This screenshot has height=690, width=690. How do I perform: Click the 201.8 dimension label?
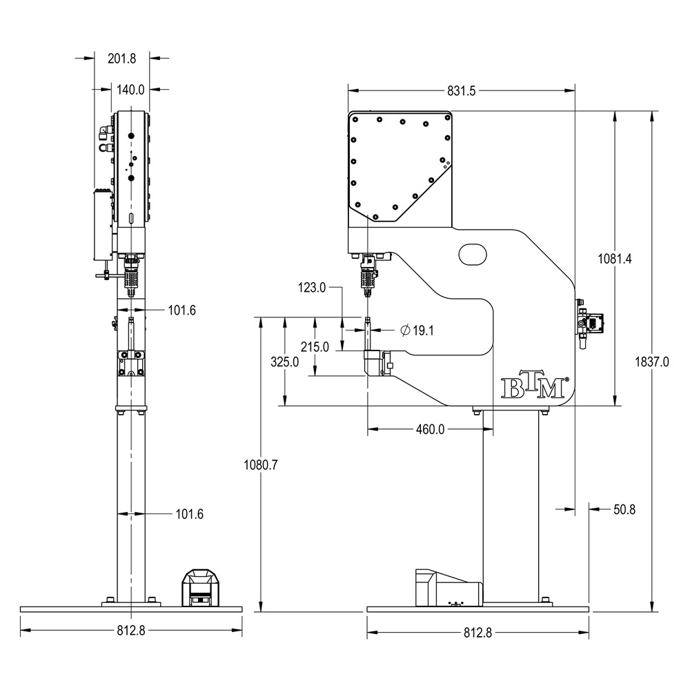pyautogui.click(x=122, y=59)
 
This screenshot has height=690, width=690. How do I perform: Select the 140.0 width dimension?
pyautogui.click(x=130, y=90)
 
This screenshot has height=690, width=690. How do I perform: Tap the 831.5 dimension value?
pyautogui.click(x=462, y=90)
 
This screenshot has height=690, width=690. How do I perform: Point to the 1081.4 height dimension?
pyautogui.click(x=614, y=259)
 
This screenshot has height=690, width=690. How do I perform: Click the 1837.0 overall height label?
pyautogui.click(x=652, y=362)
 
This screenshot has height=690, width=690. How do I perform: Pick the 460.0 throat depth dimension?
pyautogui.click(x=430, y=429)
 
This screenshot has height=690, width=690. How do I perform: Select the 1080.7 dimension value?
pyautogui.click(x=261, y=464)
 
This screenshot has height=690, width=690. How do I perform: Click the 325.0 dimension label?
pyautogui.click(x=285, y=362)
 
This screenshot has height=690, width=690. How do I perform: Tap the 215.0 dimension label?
pyautogui.click(x=315, y=347)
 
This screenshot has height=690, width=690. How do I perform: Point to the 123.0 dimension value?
pyautogui.click(x=312, y=288)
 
